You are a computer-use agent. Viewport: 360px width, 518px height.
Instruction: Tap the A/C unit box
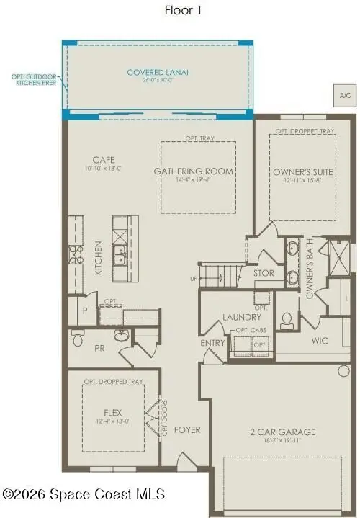(343, 94)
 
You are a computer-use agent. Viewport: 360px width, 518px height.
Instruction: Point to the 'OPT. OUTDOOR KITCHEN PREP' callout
(33, 79)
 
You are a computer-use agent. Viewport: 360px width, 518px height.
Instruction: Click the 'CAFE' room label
(104, 160)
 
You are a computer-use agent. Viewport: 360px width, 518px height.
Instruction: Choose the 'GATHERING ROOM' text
(194, 171)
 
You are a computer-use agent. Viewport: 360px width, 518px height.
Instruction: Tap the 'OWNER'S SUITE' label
(302, 171)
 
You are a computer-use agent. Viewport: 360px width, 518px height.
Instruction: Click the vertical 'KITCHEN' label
(98, 258)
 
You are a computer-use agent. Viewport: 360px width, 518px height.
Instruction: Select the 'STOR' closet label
(264, 274)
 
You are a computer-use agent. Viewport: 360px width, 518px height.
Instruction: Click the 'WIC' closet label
(320, 339)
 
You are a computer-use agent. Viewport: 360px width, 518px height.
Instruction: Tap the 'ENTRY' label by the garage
(213, 343)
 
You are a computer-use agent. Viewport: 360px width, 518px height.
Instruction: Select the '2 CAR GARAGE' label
(283, 432)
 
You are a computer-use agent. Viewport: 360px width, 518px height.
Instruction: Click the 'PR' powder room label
(99, 347)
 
